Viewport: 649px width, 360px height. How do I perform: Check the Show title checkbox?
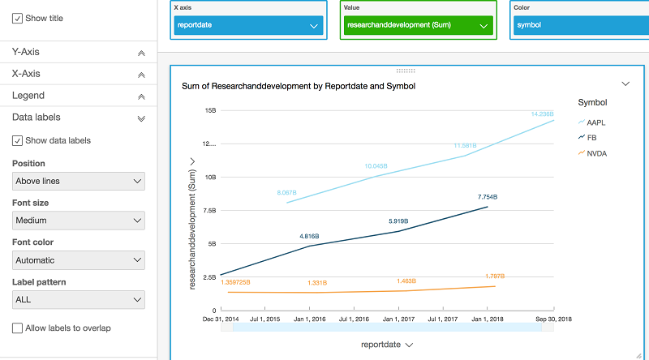coord(17,19)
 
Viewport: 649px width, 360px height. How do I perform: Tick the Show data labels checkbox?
coord(17,140)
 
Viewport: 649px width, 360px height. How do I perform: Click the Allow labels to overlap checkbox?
coord(17,328)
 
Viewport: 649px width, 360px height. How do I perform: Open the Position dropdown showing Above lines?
coord(79,181)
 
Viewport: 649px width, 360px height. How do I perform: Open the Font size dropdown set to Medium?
coord(79,221)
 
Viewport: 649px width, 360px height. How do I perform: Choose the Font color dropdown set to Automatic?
coord(79,260)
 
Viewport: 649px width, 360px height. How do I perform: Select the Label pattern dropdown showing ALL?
coord(79,300)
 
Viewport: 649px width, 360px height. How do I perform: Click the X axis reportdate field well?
coord(248,25)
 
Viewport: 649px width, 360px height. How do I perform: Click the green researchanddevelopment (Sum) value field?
coord(417,25)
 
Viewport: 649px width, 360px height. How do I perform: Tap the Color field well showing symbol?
coord(581,25)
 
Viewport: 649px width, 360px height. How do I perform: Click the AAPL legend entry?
coord(596,122)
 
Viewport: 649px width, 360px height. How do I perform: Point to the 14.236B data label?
coord(542,114)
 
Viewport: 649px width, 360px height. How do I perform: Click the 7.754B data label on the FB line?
coord(487,197)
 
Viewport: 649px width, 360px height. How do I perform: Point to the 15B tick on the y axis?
coord(209,110)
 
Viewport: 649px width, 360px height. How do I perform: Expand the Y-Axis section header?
coord(78,52)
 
